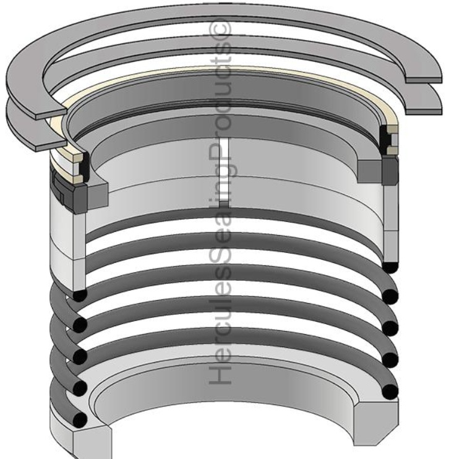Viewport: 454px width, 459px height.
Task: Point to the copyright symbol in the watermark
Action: (220, 28)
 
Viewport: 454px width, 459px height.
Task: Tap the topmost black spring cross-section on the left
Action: (80, 295)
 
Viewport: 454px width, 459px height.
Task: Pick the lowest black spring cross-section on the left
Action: (80, 420)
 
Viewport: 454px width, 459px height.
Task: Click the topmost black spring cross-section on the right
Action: (390, 267)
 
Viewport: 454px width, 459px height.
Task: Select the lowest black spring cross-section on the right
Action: (390, 392)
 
